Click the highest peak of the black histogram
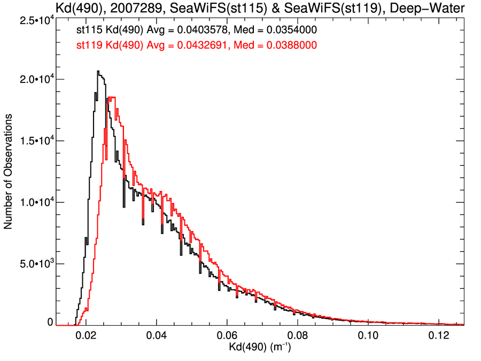point(98,71)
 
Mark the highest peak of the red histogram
point(111,97)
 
